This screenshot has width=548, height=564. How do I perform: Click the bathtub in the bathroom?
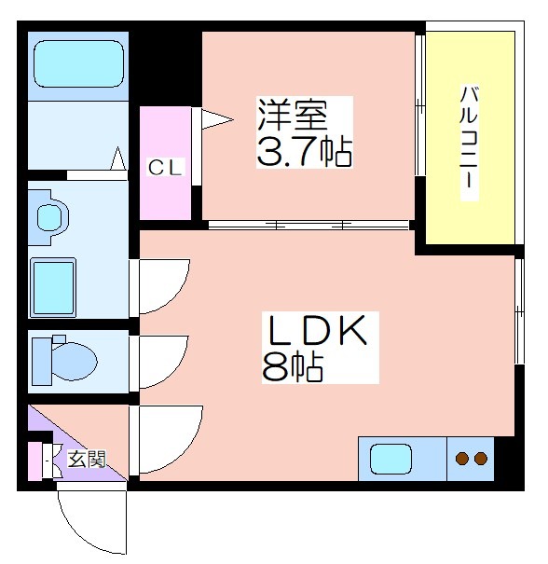(78, 63)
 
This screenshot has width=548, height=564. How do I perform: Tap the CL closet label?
(166, 168)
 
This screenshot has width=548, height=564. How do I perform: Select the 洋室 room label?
(292, 114)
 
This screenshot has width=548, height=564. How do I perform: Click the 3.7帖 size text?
(304, 152)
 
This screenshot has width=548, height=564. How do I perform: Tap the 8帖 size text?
(293, 367)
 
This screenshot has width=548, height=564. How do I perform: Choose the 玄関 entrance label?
(88, 459)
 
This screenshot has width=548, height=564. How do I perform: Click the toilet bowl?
(75, 361)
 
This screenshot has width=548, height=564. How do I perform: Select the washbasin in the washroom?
(52, 217)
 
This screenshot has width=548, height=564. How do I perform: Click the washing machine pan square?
(53, 287)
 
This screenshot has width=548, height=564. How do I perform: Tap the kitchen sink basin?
(390, 459)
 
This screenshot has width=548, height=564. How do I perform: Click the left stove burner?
(461, 459)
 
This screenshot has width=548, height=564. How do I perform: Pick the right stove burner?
(480, 459)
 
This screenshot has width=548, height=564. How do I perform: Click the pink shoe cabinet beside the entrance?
(34, 461)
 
